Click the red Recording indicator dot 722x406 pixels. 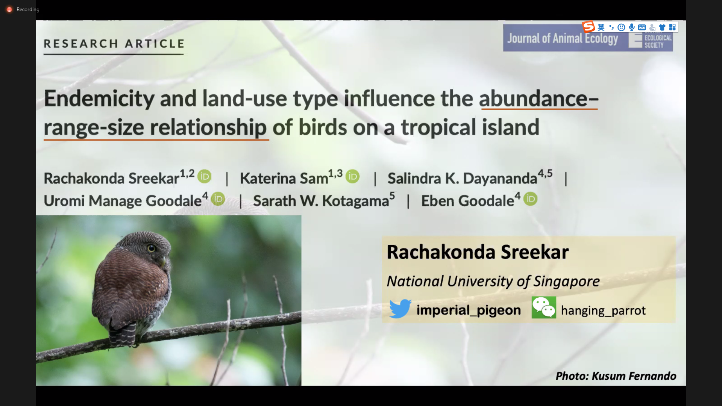pyautogui.click(x=9, y=9)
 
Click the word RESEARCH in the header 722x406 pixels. pyautogui.click(x=81, y=44)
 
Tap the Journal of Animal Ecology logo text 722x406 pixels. pyautogui.click(x=563, y=38)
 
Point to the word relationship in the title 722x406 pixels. pyautogui.click(x=208, y=127)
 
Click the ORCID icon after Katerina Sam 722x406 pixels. pyautogui.click(x=353, y=176)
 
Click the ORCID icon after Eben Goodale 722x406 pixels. pyautogui.click(x=530, y=199)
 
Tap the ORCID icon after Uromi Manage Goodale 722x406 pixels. pyautogui.click(x=218, y=199)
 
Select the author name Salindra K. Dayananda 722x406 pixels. pyautogui.click(x=462, y=178)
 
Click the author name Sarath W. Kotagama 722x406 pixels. pyautogui.click(x=321, y=201)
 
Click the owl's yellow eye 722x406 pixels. pyautogui.click(x=151, y=248)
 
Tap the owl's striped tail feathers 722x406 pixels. pyautogui.click(x=122, y=335)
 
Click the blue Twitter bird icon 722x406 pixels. pyautogui.click(x=400, y=308)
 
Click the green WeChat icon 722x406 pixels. pyautogui.click(x=544, y=308)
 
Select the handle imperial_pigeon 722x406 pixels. pyautogui.click(x=469, y=310)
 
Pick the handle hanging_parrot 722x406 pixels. pyautogui.click(x=603, y=311)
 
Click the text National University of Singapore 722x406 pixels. pyautogui.click(x=493, y=281)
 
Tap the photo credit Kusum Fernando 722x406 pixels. pyautogui.click(x=634, y=376)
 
